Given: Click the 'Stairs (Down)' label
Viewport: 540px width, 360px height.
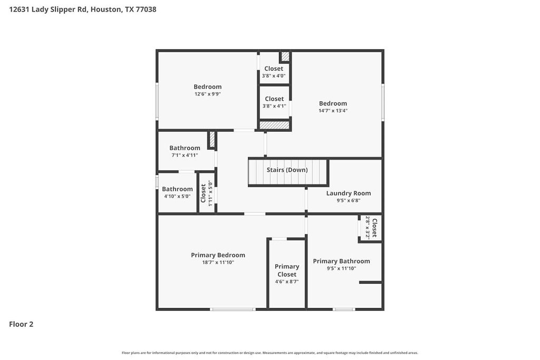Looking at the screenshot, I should [x=287, y=170].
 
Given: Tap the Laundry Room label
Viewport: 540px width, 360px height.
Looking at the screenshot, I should [x=348, y=193].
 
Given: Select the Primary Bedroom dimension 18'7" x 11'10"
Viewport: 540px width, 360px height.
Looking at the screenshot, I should [x=218, y=262].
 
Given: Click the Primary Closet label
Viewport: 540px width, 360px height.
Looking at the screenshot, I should [x=287, y=270].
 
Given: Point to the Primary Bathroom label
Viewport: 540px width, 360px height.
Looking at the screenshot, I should [x=341, y=261].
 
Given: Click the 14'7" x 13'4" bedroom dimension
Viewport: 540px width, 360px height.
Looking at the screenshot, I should [x=333, y=111].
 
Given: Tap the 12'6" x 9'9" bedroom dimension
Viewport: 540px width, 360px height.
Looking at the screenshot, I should [x=207, y=94].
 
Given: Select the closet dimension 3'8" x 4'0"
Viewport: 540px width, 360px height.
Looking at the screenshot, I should [x=274, y=76].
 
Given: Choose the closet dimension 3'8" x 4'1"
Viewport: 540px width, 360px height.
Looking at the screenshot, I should [x=274, y=106].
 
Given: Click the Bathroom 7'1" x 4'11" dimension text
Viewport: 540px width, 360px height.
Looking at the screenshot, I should [x=185, y=155].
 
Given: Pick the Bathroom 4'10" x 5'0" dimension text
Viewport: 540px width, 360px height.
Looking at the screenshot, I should [x=177, y=197].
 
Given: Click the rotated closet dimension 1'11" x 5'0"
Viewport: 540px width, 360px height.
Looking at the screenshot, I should [x=210, y=193].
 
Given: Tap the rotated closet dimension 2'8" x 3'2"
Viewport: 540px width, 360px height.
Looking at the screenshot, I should [x=368, y=228].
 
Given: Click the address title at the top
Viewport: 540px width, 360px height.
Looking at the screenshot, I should [x=82, y=9].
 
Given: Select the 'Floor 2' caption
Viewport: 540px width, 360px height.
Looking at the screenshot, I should [x=21, y=324].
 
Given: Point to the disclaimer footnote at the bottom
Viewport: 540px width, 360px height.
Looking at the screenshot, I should [x=269, y=353].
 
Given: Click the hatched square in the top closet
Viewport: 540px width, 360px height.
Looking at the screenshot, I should [x=285, y=56].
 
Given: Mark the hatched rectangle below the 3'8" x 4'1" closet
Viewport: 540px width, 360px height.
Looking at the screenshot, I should [x=274, y=125].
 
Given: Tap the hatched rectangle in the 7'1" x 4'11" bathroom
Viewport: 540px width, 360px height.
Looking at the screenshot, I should [x=212, y=140].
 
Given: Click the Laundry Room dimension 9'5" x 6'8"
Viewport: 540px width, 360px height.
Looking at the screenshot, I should [x=348, y=200].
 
